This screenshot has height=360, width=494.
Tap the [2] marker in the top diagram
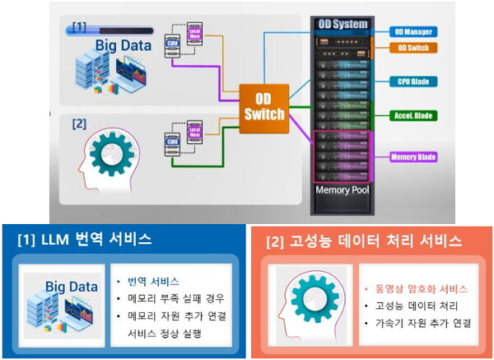point(79,125)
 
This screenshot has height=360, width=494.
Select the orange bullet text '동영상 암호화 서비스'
point(418,289)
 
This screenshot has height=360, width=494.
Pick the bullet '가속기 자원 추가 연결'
point(418,322)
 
